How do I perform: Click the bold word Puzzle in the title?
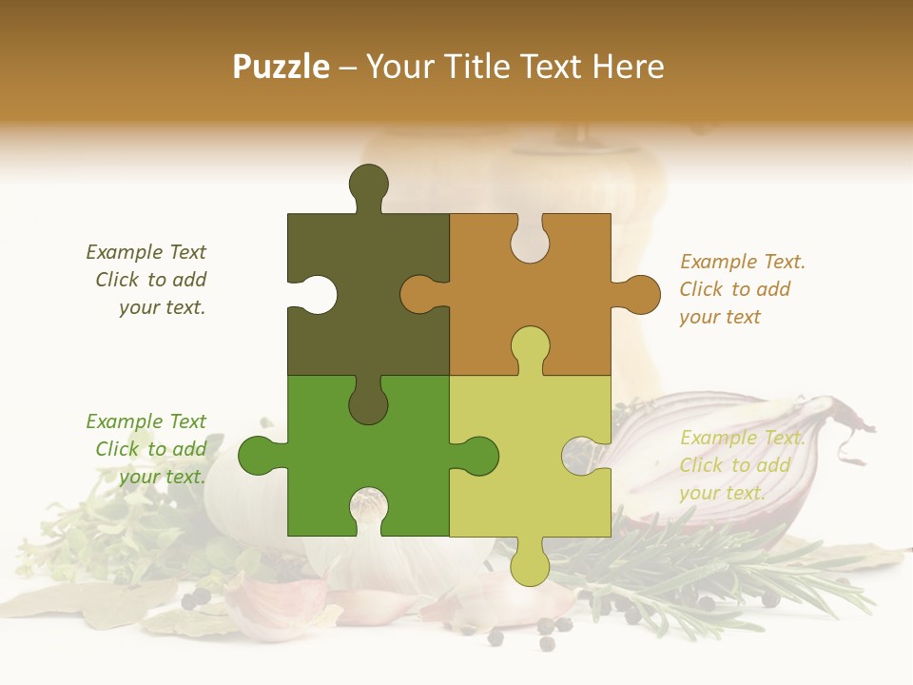pyautogui.click(x=282, y=68)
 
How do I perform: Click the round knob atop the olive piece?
pyautogui.click(x=369, y=184)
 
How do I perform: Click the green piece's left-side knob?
pyautogui.click(x=259, y=455)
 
